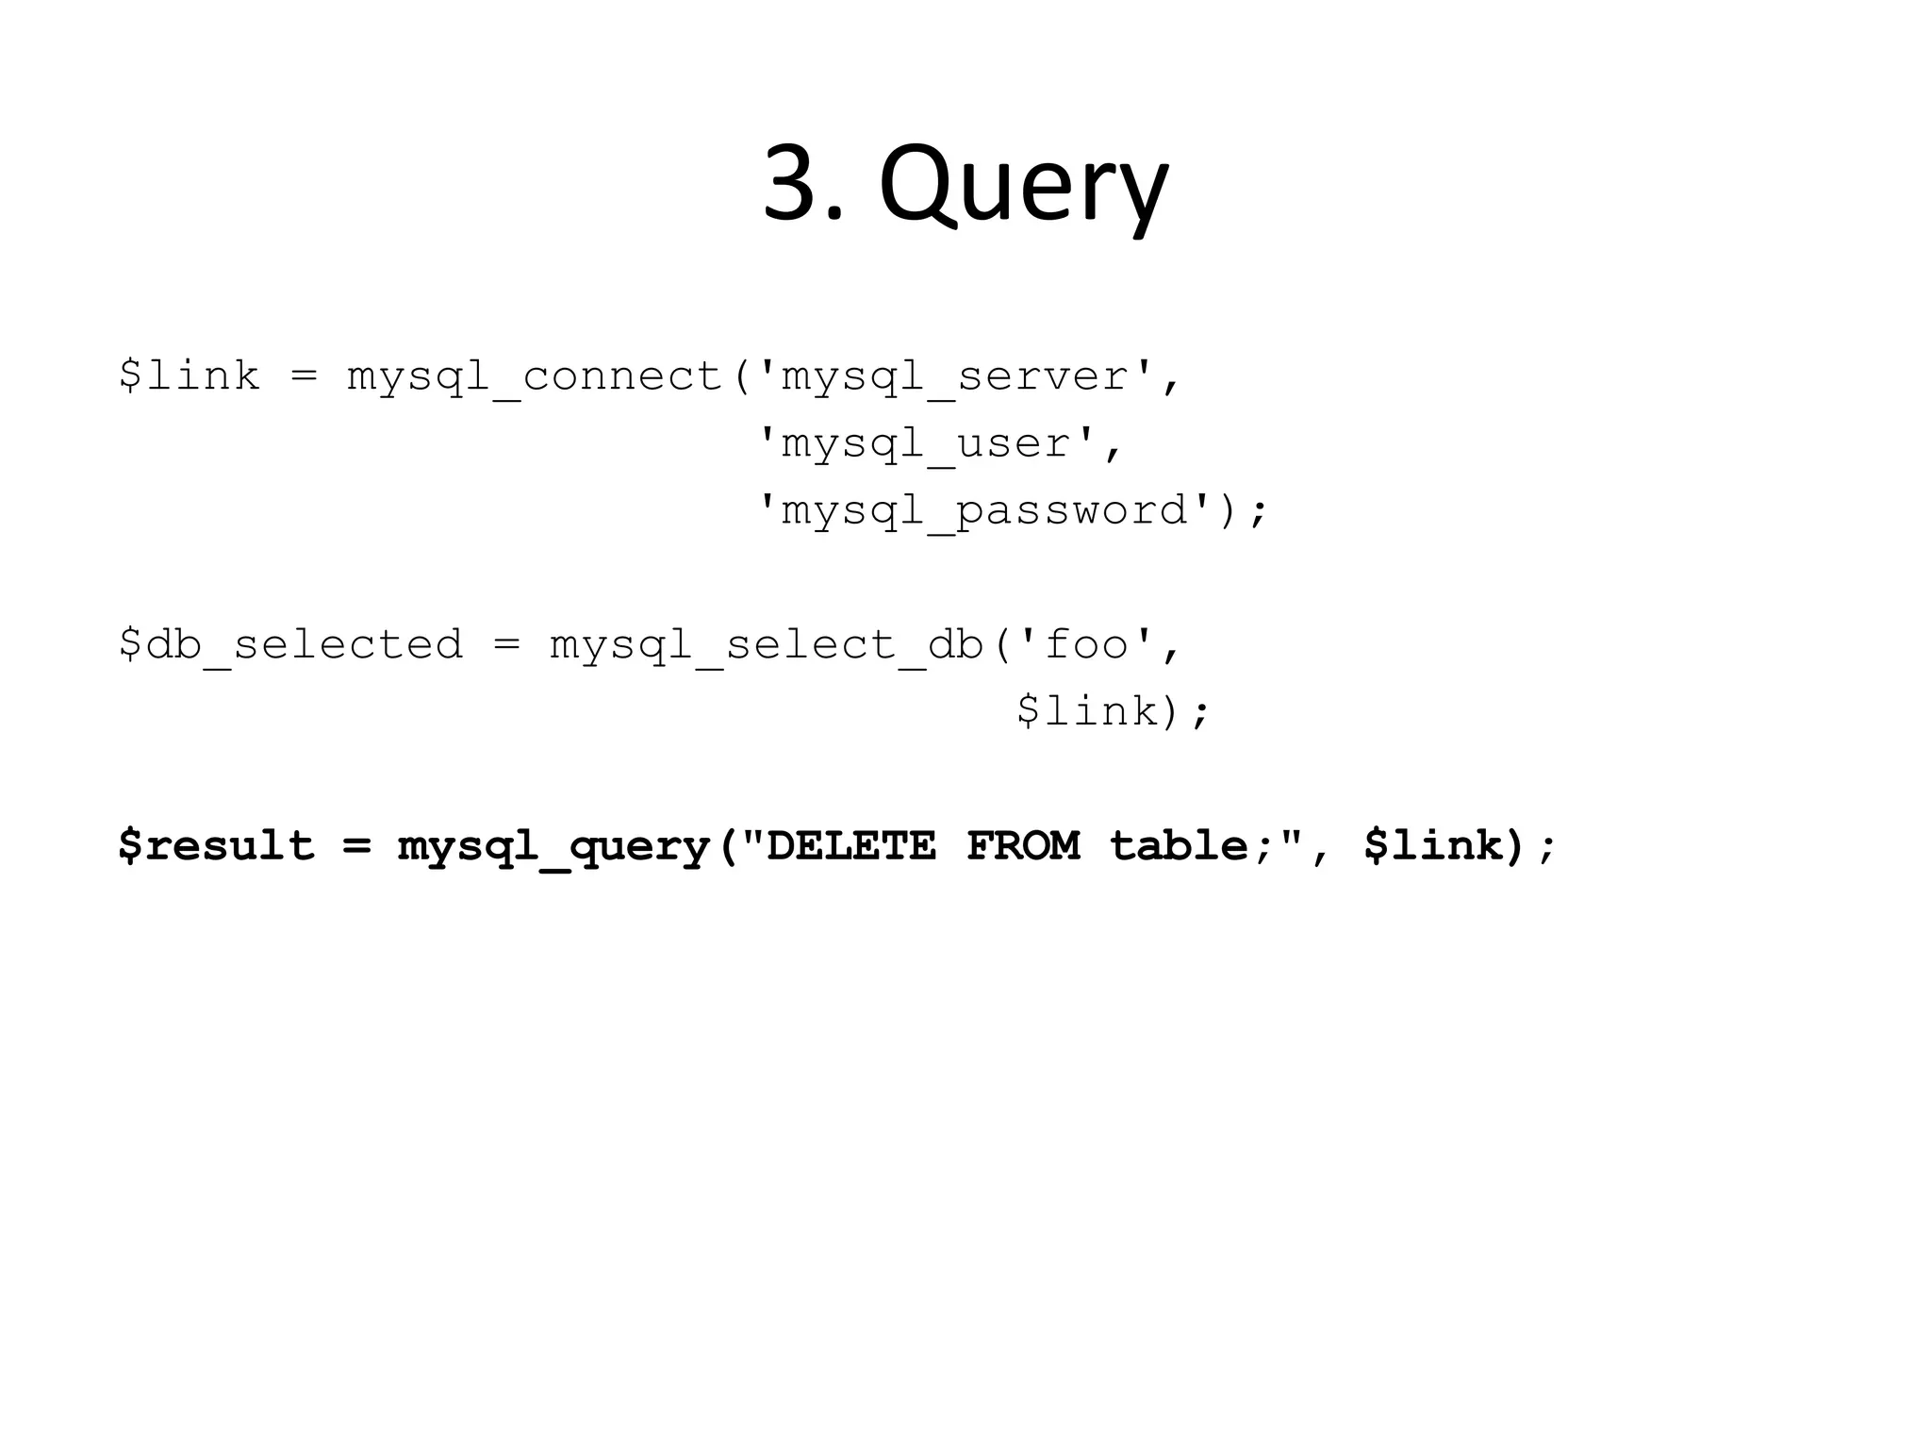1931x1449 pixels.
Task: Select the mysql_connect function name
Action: point(535,377)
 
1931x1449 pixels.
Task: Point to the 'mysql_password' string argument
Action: point(986,511)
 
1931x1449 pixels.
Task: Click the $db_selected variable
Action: point(291,645)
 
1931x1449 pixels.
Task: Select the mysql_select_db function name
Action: point(767,645)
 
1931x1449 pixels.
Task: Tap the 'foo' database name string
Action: point(1086,645)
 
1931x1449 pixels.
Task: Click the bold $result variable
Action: point(216,845)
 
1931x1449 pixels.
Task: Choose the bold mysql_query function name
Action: point(553,845)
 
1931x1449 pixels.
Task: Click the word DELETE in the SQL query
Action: point(851,845)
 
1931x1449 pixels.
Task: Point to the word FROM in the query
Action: point(1023,845)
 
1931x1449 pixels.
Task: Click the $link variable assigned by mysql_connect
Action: point(190,377)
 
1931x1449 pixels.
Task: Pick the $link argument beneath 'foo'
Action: point(1087,711)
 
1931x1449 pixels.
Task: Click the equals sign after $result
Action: point(356,845)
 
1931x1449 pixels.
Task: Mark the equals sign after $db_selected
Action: point(506,645)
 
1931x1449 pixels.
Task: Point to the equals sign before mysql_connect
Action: point(304,377)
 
